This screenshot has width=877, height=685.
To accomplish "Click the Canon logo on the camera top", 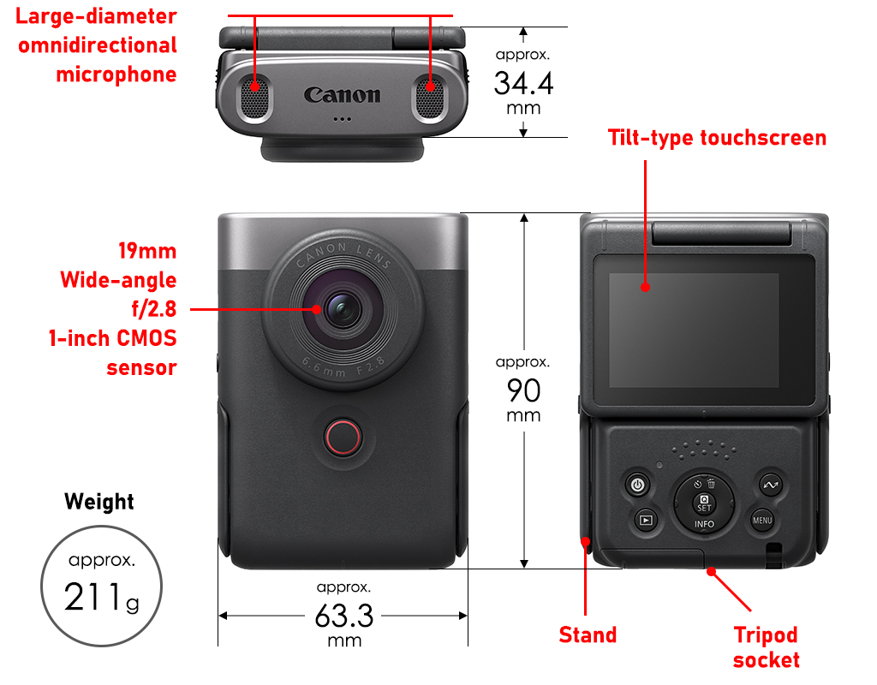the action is [343, 95].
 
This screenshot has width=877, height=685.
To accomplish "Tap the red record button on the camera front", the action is [343, 437].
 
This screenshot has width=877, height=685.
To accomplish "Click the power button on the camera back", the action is [637, 485].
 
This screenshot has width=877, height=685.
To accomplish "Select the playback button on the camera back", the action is [646, 520].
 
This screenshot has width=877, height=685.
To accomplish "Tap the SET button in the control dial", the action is [704, 503].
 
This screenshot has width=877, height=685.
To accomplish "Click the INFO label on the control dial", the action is [704, 525].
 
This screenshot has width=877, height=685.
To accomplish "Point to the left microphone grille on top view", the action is [254, 98].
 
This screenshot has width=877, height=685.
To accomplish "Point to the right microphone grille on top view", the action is [430, 98].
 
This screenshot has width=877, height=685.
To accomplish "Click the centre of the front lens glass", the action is [343, 309].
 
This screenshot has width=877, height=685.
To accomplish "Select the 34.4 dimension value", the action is [523, 83].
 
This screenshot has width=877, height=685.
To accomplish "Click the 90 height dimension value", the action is [523, 390].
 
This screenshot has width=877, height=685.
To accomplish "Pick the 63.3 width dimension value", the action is [344, 616].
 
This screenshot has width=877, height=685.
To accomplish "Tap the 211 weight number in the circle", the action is [92, 597].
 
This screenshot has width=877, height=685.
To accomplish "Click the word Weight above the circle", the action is [99, 502].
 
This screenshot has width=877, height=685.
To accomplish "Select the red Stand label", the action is [588, 635].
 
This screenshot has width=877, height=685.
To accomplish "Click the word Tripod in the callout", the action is [766, 636].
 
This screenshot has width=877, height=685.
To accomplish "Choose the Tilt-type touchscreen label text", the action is [717, 138].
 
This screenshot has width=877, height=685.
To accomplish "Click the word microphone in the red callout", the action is [116, 74].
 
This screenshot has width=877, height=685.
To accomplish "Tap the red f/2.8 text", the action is [154, 308].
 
